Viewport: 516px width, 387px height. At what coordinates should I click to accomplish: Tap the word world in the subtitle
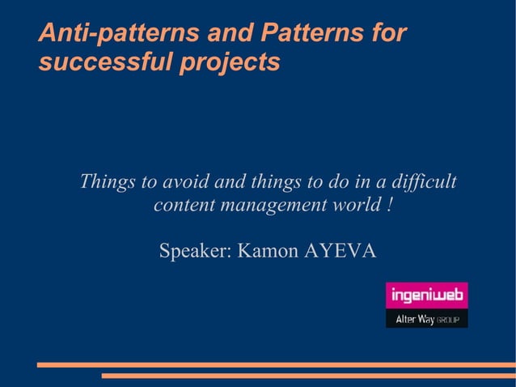(x=353, y=206)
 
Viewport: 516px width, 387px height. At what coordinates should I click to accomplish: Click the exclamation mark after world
(x=390, y=206)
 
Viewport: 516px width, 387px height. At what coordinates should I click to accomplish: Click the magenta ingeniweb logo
(x=426, y=296)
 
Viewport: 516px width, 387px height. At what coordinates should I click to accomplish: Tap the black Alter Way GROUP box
(x=426, y=320)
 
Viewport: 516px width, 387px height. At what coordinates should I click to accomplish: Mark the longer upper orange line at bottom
(x=276, y=365)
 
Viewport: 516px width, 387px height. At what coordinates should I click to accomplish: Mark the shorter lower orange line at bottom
(x=308, y=376)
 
